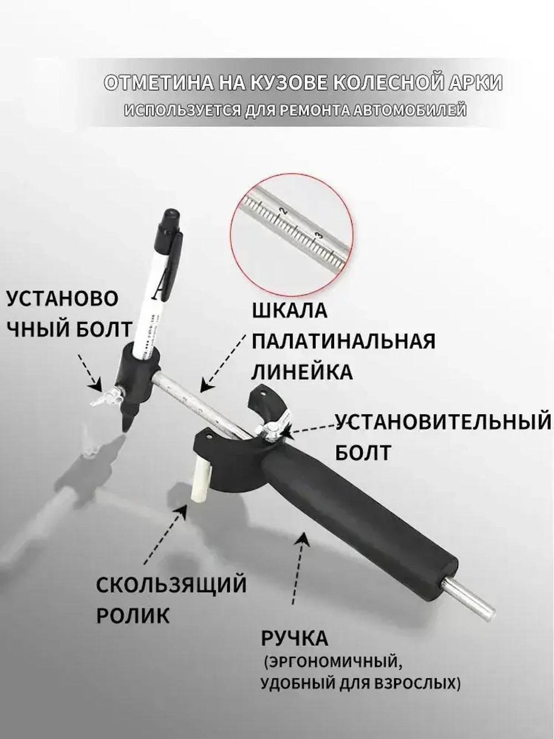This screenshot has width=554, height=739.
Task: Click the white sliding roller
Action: (x=202, y=481)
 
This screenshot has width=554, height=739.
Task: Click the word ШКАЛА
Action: (x=290, y=311)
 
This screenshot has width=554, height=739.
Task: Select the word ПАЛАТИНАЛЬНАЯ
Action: (x=343, y=342)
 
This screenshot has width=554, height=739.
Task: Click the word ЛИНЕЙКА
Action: (x=302, y=372)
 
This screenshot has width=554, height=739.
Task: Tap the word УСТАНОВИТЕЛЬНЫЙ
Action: (x=444, y=422)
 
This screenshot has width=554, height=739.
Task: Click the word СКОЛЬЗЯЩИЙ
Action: (x=171, y=585)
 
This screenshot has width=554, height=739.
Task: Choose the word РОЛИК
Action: (x=133, y=616)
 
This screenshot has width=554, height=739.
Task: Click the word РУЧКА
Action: (x=295, y=639)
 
